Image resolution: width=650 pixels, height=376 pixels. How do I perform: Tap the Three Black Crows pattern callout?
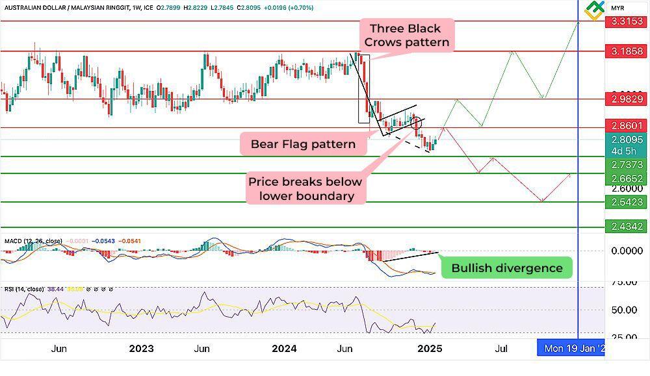(x=406, y=35)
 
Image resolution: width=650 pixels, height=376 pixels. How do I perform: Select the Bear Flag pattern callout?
(x=303, y=144)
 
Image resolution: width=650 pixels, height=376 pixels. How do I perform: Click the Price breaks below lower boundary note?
(x=305, y=188)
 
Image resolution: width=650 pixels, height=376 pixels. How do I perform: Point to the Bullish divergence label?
(x=507, y=268)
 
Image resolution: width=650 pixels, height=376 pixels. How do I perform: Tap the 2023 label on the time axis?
(x=141, y=349)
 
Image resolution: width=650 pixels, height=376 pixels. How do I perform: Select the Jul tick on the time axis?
(x=501, y=349)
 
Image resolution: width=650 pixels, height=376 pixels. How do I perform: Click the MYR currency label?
(x=617, y=8)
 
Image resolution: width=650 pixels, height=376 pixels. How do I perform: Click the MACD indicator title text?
(x=33, y=241)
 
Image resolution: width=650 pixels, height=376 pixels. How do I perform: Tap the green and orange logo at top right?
(x=595, y=10)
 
